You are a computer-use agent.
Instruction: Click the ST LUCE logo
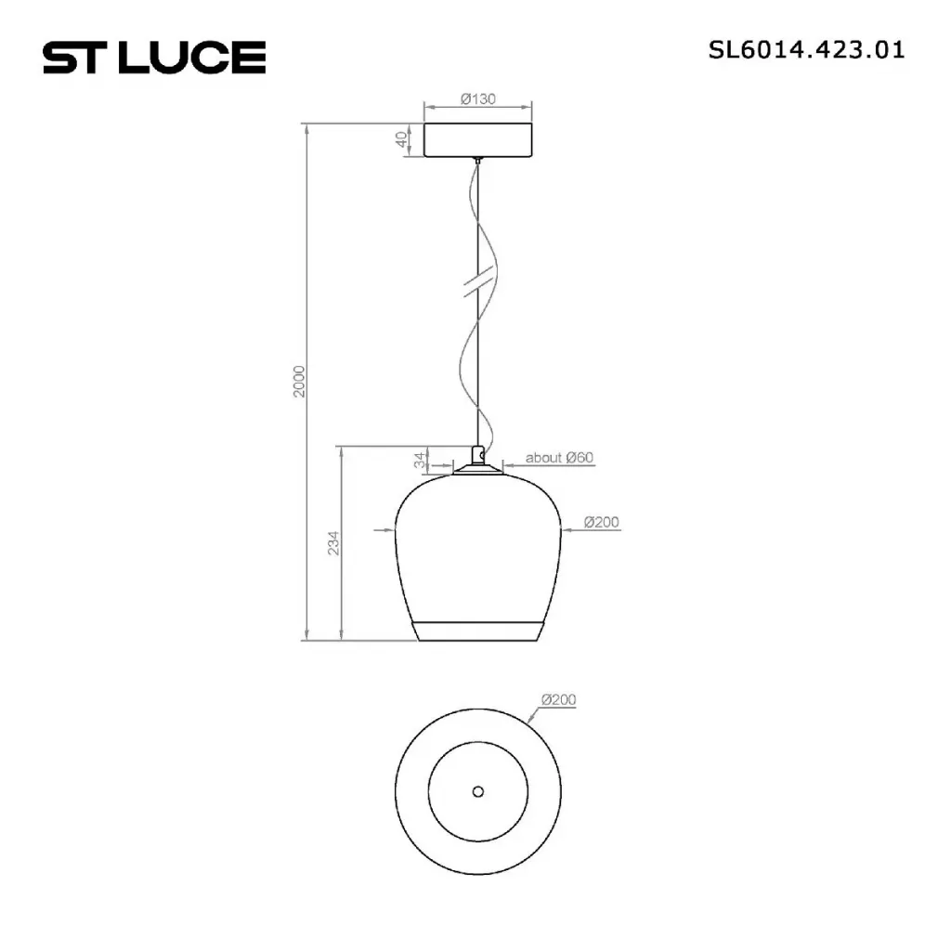(154, 58)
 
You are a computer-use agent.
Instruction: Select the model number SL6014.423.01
(806, 50)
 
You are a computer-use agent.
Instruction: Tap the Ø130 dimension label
(478, 98)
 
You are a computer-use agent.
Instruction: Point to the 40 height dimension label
(401, 139)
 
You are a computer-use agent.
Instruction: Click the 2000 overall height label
(299, 382)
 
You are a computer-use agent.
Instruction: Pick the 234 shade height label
(333, 543)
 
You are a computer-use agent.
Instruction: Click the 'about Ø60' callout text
(559, 457)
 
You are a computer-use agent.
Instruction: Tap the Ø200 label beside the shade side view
(601, 522)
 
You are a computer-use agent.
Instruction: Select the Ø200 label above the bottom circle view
(558, 699)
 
